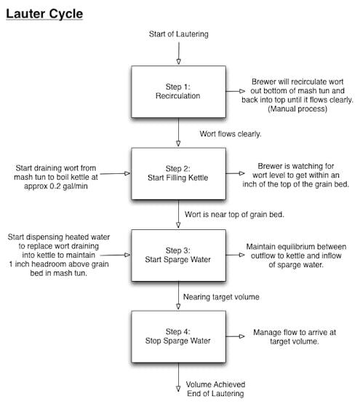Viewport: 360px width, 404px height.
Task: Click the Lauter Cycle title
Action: [44, 14]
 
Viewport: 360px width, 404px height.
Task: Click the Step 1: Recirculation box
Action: [178, 92]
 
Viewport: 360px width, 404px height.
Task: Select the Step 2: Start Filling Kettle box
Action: [178, 173]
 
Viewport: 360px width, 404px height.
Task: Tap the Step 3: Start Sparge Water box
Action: [178, 255]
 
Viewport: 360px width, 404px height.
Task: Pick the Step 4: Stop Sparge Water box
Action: [178, 336]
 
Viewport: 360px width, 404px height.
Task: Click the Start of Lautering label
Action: [179, 34]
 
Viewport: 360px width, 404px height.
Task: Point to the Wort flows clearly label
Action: [231, 134]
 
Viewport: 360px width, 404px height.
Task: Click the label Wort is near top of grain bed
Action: [234, 214]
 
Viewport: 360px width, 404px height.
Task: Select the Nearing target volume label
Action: [221, 297]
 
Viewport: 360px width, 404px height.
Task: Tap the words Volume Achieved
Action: [215, 384]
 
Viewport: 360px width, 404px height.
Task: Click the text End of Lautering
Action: [215, 393]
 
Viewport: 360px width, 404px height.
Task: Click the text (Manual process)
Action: [297, 108]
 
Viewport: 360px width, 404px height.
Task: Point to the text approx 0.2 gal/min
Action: [56, 186]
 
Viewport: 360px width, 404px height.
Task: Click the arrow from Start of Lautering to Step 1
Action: [179, 53]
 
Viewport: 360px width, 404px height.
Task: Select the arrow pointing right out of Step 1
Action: [235, 91]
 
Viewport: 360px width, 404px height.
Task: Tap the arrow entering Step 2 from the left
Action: [115, 174]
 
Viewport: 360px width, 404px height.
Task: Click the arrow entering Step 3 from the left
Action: [115, 255]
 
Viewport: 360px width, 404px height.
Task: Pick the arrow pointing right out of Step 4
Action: [235, 336]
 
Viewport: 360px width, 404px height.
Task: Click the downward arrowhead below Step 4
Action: [178, 389]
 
